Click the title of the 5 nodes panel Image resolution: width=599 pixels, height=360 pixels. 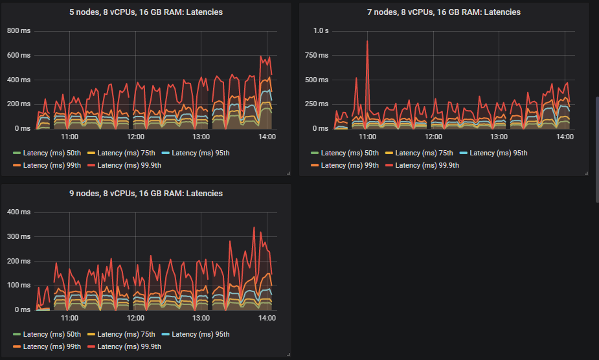pos(146,12)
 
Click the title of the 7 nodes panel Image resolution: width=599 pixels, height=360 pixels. pos(444,12)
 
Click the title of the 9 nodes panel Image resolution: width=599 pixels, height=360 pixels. pos(146,194)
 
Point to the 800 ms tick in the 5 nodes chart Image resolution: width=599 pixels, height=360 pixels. pos(19,30)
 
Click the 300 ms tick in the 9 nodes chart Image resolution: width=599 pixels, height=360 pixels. pos(19,236)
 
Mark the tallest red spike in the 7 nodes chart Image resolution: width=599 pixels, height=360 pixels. pos(367,41)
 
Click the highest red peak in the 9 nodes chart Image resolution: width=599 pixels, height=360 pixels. pos(254,228)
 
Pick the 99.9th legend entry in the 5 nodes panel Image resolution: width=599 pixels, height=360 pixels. pos(124,165)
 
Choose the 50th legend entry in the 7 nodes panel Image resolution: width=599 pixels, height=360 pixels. pos(345,153)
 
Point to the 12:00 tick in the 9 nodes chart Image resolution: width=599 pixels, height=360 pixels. pos(135,318)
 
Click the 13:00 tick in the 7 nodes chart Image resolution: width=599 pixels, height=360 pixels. pos(499,137)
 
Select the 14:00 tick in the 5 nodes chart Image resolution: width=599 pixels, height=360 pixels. pos(267,137)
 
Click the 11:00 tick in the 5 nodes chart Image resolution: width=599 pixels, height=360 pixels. pos(69,137)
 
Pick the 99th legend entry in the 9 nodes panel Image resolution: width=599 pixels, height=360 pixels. pos(47,346)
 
